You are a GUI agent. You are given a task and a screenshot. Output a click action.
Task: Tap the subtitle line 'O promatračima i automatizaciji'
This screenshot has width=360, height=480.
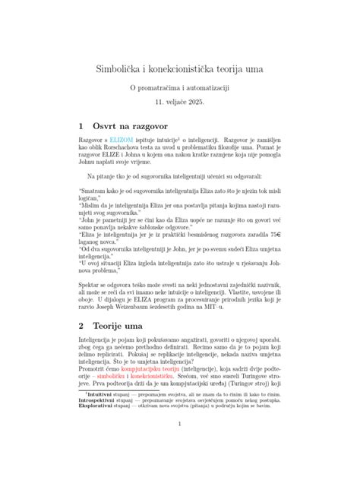pyautogui.click(x=179, y=88)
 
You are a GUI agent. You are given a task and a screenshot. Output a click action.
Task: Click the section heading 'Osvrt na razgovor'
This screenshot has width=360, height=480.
pyautogui.click(x=134, y=124)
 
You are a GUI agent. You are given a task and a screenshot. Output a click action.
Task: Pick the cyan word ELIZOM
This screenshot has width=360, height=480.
pyautogui.click(x=122, y=141)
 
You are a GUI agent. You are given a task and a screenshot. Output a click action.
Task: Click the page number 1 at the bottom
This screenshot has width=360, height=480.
pyautogui.click(x=179, y=445)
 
